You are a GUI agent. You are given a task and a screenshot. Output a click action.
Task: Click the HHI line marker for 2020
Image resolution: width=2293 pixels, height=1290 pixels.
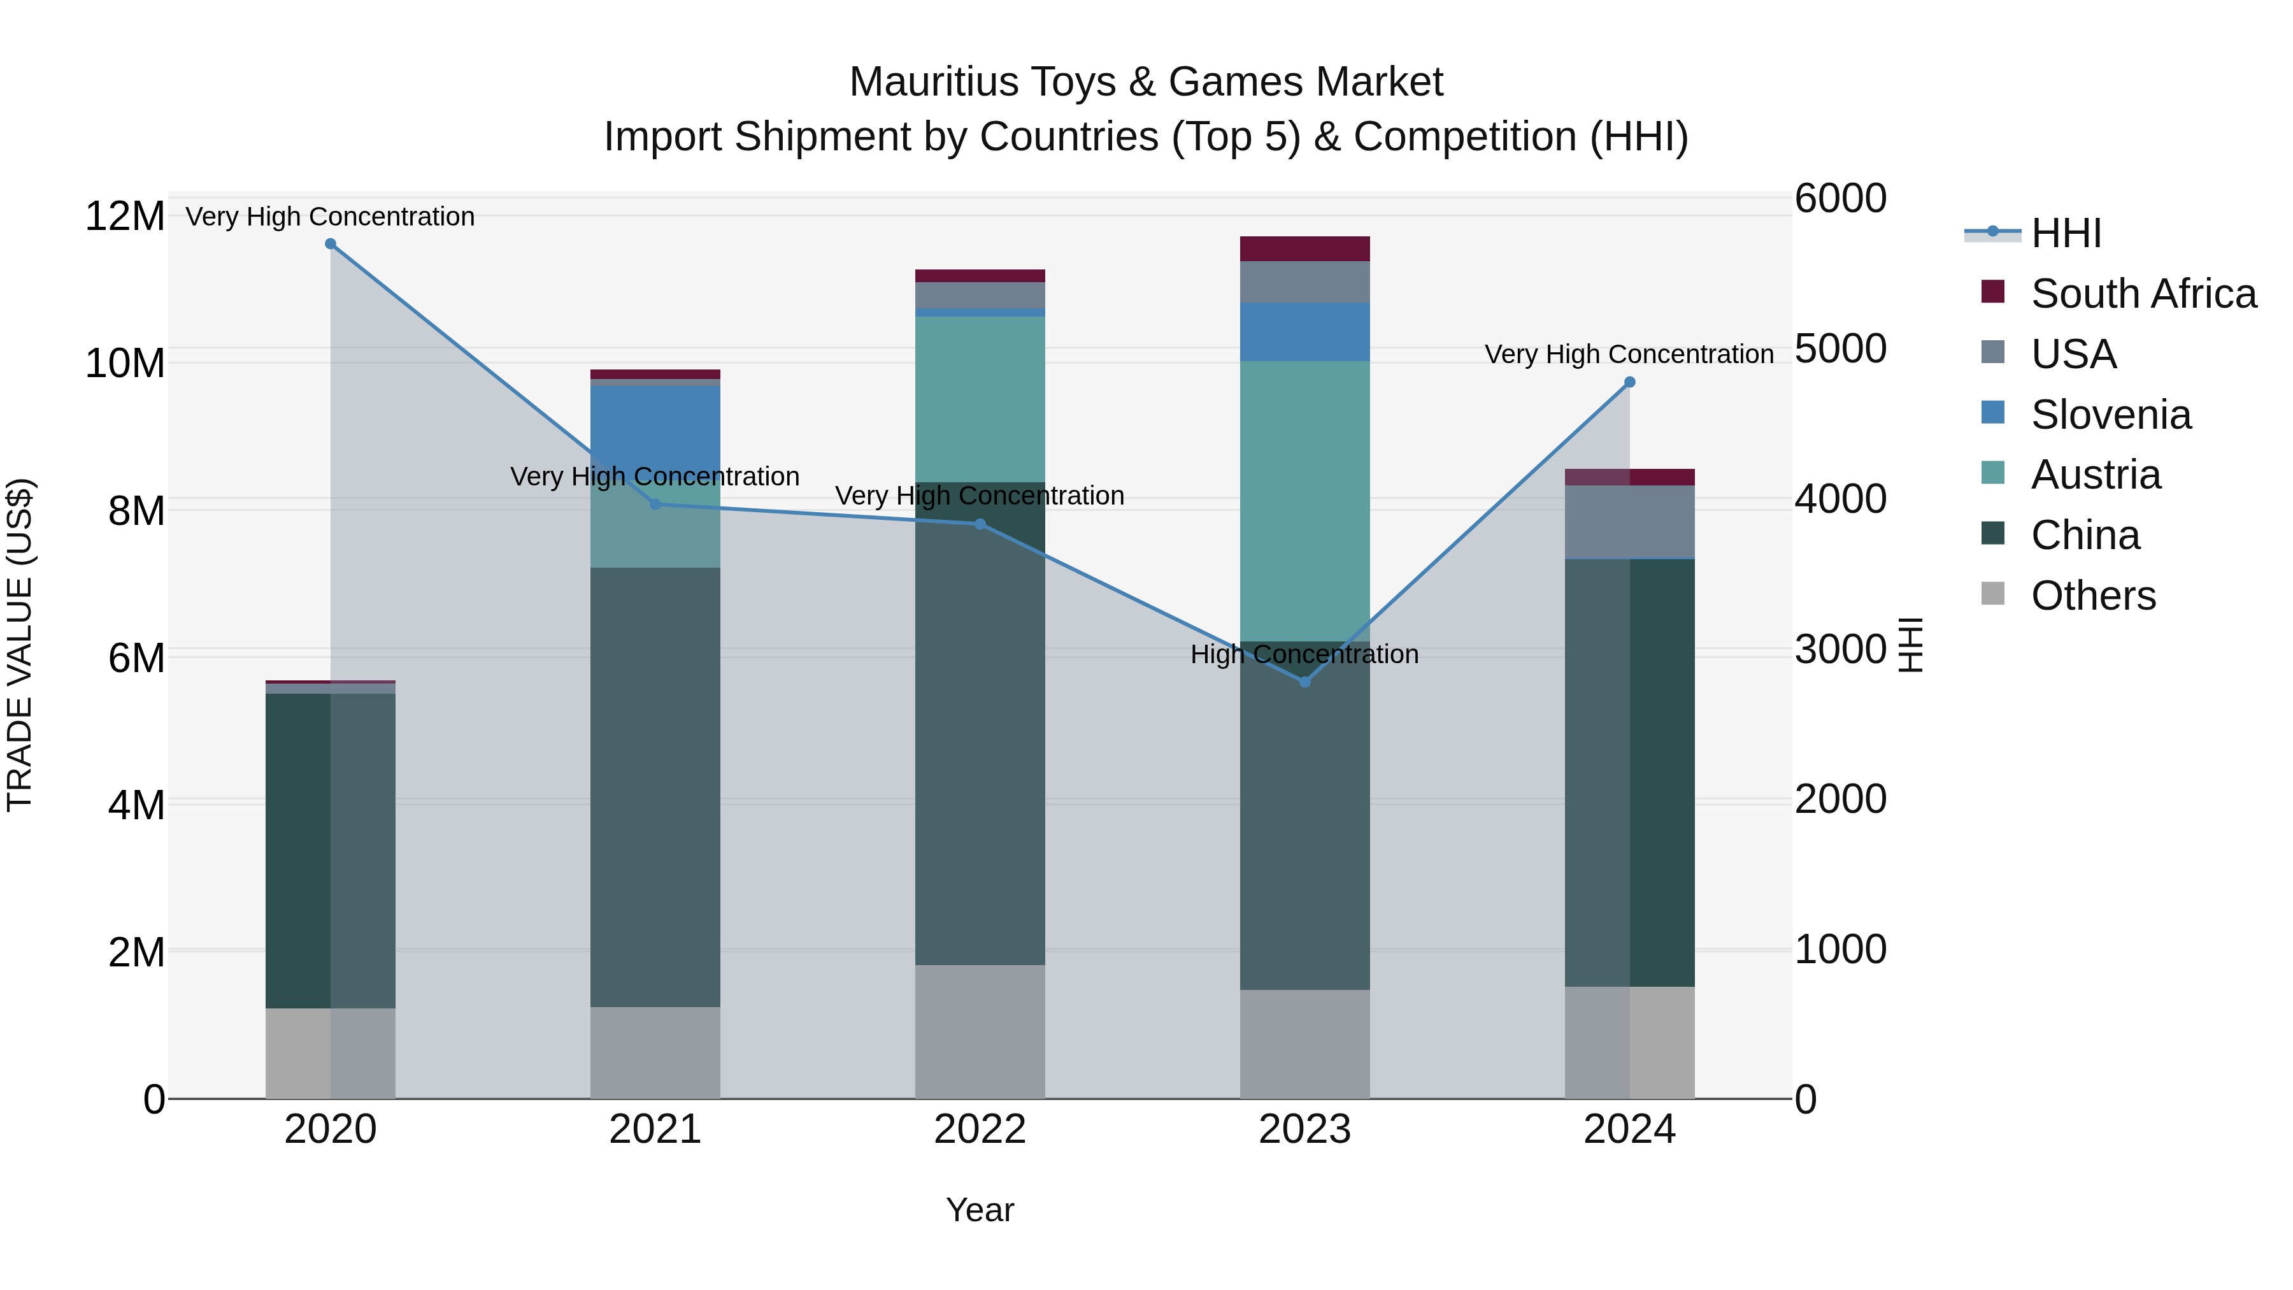[x=330, y=244]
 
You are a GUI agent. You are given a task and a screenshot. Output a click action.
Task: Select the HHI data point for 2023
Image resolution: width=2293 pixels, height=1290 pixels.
[x=1305, y=682]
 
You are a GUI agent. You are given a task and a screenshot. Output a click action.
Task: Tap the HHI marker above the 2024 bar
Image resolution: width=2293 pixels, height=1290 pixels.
[x=1630, y=382]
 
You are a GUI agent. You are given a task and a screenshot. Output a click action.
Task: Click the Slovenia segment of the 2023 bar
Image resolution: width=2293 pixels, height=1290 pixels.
[x=1305, y=331]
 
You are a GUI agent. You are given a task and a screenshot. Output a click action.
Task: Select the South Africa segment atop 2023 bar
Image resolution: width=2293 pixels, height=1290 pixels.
[x=1305, y=248]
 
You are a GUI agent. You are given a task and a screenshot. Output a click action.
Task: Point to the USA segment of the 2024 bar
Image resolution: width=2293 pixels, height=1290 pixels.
[x=1630, y=522]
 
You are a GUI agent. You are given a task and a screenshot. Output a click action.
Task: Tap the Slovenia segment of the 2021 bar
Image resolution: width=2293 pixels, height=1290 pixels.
[x=655, y=427]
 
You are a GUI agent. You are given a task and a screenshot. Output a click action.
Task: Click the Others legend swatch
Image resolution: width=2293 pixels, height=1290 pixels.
[x=1993, y=594]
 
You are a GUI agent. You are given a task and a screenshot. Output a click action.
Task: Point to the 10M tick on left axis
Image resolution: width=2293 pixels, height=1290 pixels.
[x=125, y=363]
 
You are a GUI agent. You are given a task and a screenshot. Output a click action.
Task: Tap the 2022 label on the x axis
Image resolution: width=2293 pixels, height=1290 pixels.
[x=980, y=1129]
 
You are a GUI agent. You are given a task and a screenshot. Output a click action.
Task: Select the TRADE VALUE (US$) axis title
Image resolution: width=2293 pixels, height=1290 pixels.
[x=20, y=645]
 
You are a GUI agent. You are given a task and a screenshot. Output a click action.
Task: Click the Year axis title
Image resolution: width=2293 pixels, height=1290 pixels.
[x=980, y=1210]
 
